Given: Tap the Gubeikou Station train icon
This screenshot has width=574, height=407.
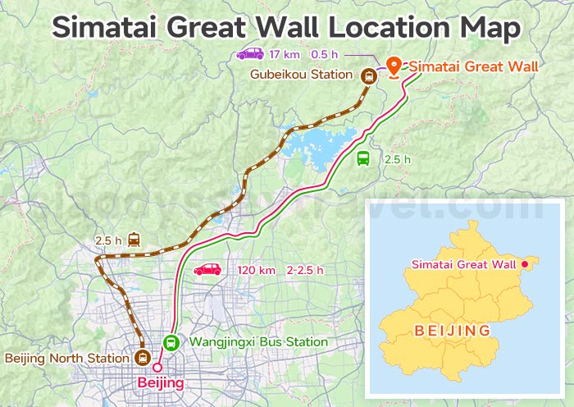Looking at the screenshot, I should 369,76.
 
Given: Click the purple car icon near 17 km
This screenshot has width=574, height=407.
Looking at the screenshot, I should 249,54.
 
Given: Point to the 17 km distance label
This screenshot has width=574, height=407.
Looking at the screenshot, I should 285,54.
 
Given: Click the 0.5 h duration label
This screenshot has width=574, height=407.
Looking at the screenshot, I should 324,54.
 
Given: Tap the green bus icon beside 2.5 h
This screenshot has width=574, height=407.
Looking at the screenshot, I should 363,159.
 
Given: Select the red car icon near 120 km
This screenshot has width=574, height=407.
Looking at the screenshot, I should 207,270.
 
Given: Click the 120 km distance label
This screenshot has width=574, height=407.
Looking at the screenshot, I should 257,270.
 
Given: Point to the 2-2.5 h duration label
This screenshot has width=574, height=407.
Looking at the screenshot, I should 305,270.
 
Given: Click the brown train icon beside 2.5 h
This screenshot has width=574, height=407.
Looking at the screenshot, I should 134,240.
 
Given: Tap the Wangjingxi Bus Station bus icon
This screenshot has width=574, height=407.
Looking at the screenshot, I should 171,342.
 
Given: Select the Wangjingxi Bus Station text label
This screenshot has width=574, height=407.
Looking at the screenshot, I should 258,342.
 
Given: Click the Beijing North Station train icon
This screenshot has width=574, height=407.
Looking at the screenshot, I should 143,358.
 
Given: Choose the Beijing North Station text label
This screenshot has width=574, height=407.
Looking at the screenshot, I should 67,358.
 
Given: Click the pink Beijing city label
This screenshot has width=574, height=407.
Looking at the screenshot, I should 161,382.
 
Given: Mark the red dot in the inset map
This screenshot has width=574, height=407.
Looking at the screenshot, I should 525,264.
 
